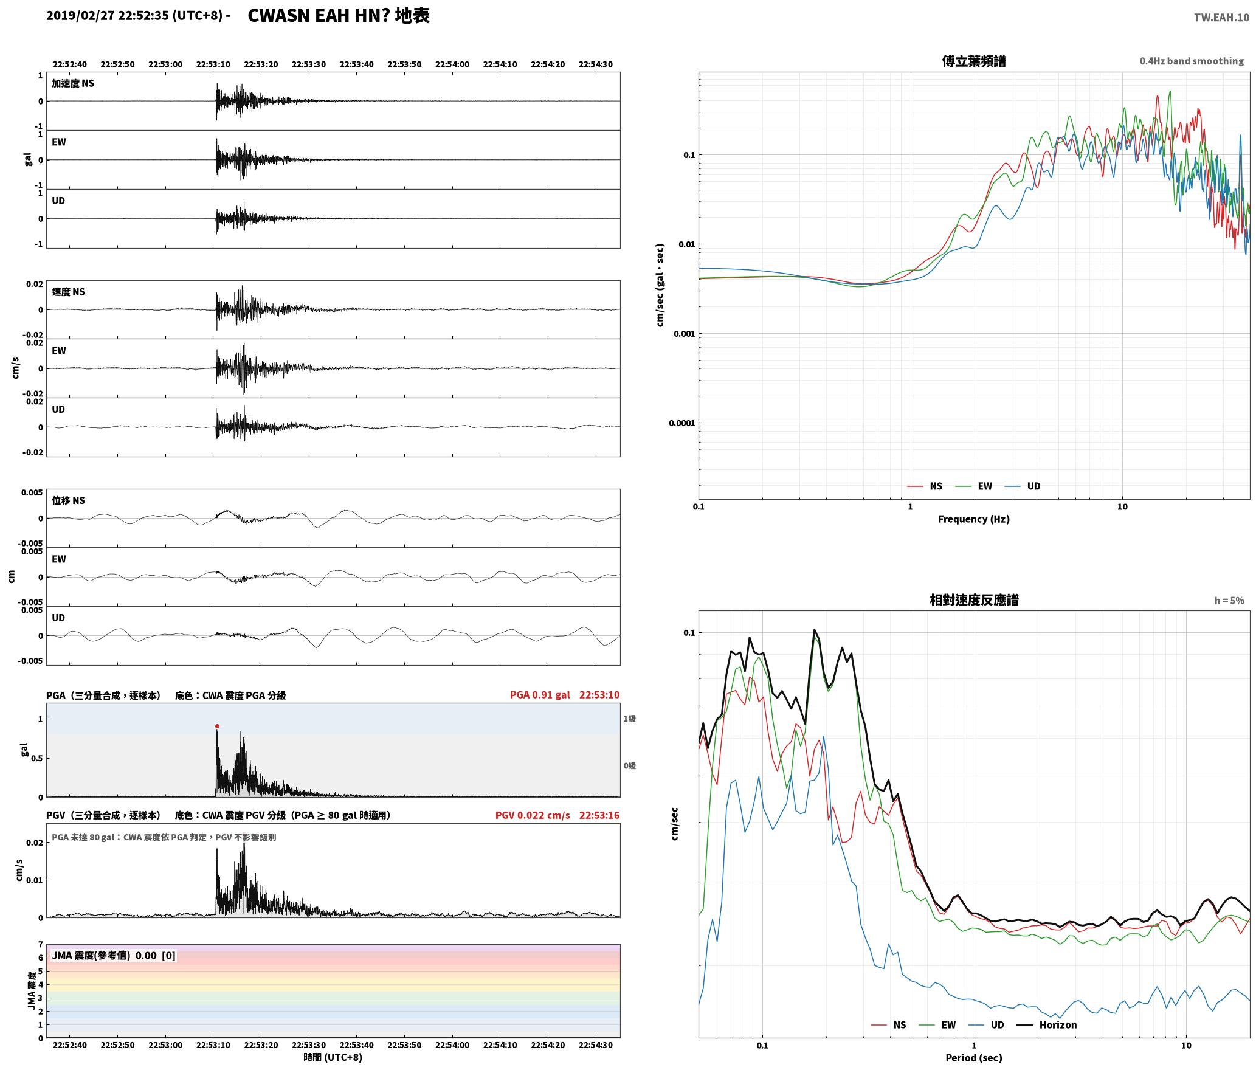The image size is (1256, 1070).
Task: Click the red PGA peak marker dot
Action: click(217, 726)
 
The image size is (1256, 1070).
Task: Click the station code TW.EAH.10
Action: click(1221, 18)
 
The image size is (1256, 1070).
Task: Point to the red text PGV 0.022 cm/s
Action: click(533, 815)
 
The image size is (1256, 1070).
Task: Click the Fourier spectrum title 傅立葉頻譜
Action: click(974, 61)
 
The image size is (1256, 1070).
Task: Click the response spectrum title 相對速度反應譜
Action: click(974, 600)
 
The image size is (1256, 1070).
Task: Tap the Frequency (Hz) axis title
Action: click(973, 519)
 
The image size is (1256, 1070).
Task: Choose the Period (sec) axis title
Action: click(973, 1058)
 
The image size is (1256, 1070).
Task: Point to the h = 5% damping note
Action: click(1229, 601)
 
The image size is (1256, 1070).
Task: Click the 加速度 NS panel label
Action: click(73, 83)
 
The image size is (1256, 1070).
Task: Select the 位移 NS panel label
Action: click(69, 500)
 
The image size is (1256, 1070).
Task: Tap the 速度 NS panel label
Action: click(69, 292)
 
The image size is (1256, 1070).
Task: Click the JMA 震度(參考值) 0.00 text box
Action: click(114, 955)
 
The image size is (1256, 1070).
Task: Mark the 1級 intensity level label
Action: click(629, 719)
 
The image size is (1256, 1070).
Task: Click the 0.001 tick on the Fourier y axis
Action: click(684, 334)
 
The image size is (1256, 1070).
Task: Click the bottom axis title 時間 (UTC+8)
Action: click(333, 1057)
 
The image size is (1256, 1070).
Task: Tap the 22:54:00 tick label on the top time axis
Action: click(452, 64)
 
